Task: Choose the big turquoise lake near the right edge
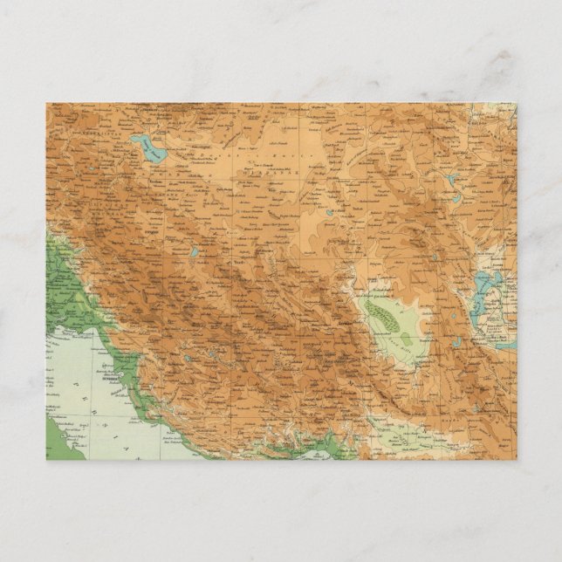click(483, 283)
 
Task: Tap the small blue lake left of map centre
click(195, 254)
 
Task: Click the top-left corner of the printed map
click(47, 104)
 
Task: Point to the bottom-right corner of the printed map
click(516, 459)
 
